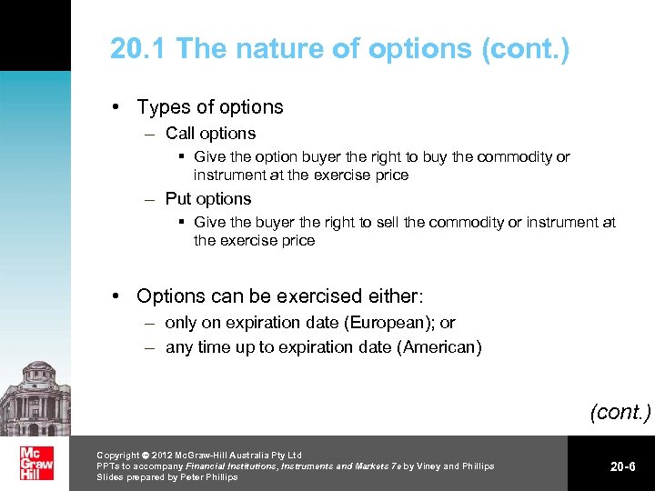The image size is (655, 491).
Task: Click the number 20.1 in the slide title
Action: coord(138,48)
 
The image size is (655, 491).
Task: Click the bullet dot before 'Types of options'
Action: coord(117,107)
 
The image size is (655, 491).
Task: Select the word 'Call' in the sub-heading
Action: coord(180,134)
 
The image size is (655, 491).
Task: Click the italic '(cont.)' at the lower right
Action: coord(620,412)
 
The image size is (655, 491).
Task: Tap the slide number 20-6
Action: coord(622,466)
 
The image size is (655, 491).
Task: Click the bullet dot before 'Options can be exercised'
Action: coord(117,296)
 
